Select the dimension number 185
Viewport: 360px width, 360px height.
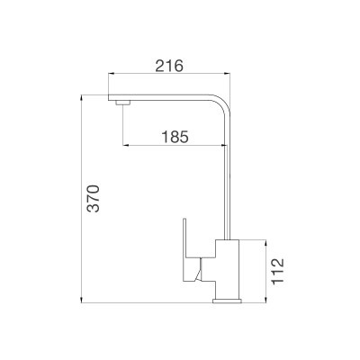pyautogui.click(x=174, y=137)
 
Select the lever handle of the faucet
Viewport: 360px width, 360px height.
pyautogui.click(x=192, y=252)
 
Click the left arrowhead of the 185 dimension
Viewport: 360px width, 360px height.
pyautogui.click(x=125, y=147)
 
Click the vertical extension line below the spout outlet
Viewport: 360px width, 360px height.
pyautogui.click(x=121, y=129)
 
